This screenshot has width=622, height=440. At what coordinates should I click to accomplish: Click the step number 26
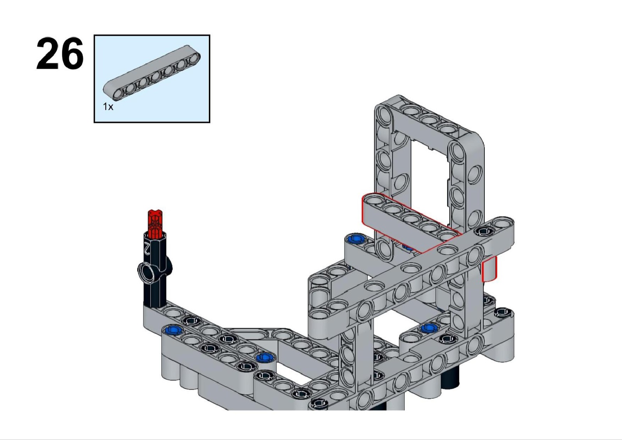pos(60,54)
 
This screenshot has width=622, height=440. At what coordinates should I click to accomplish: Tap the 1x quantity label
pos(108,106)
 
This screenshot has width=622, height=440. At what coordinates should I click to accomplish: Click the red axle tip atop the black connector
pos(155,224)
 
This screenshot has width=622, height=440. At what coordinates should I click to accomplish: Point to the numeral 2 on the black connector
pos(146,248)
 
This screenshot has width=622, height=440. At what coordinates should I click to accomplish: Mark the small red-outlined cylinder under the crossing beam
pos(489,269)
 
